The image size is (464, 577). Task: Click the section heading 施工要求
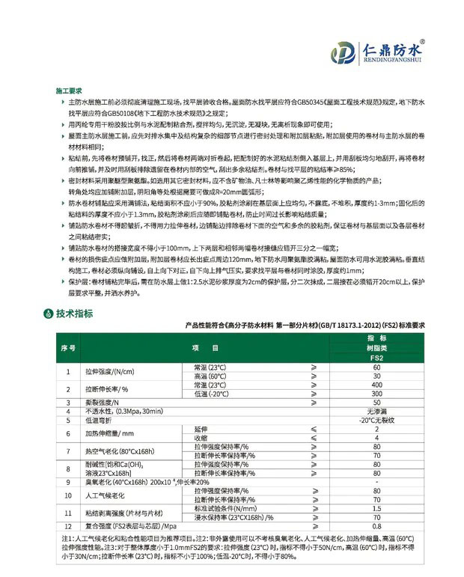click(x=70, y=89)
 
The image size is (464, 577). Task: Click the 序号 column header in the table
click(x=67, y=349)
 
